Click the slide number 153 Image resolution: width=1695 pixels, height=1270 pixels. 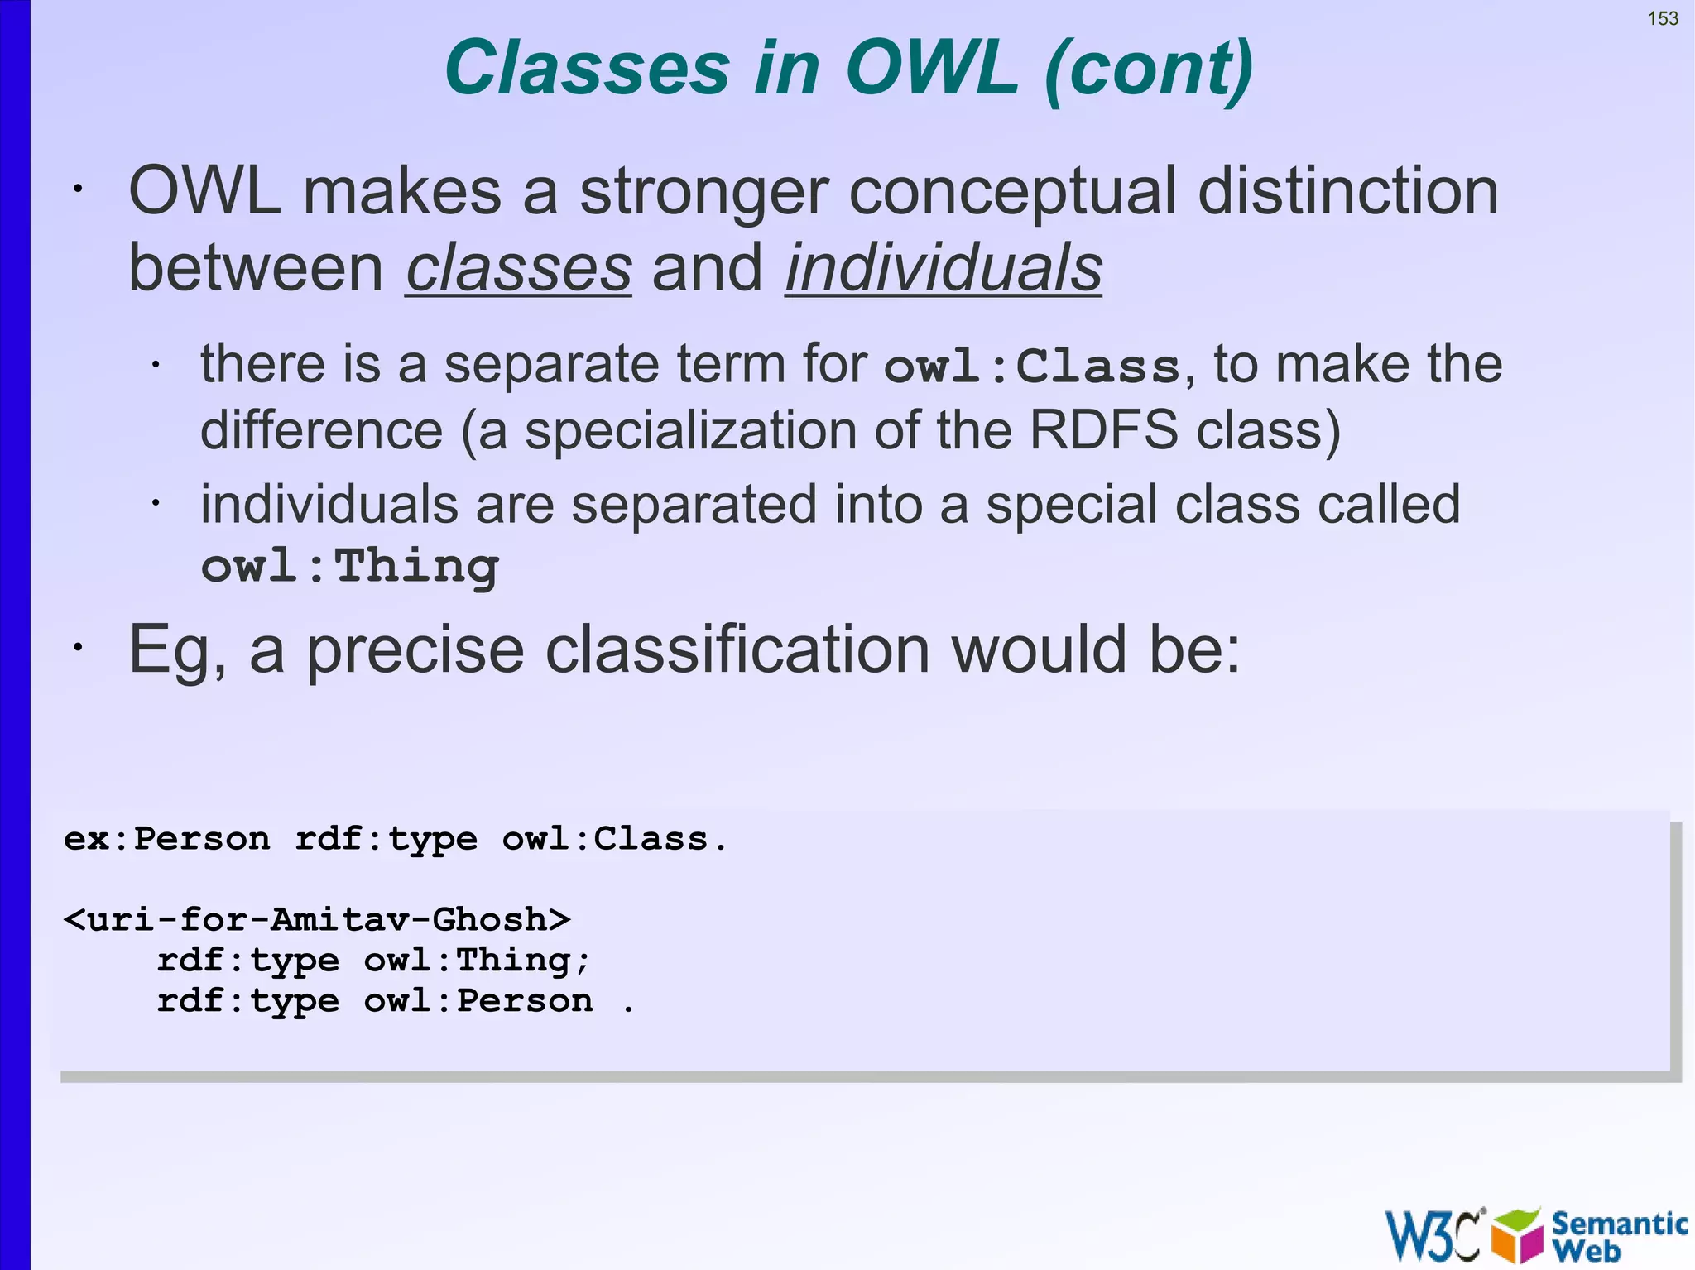pos(1663,18)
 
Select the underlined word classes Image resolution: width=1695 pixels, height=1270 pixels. pos(519,268)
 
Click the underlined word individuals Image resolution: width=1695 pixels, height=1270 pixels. pos(944,268)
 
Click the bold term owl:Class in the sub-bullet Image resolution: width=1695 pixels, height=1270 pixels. pos(1032,366)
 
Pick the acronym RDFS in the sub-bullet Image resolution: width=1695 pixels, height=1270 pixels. pos(1103,430)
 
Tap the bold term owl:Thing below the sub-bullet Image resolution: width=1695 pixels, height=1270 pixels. pos(350,567)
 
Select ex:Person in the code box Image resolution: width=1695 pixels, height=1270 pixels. pos(167,839)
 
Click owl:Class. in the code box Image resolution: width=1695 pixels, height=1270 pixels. pos(614,839)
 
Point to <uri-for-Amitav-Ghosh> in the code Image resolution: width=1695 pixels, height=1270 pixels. pos(317,920)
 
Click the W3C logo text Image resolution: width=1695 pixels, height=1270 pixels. pos(1433,1235)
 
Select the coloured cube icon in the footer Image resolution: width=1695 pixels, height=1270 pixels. pos(1518,1235)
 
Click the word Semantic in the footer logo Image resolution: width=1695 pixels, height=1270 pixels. pos(1619,1223)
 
